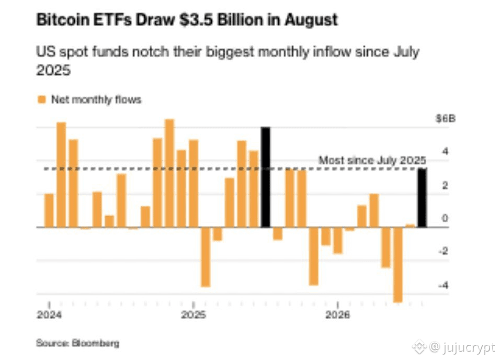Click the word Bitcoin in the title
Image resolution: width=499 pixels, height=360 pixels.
click(x=63, y=20)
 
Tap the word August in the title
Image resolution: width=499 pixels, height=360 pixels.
click(x=311, y=20)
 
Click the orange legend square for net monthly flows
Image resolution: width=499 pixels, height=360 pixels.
click(x=42, y=99)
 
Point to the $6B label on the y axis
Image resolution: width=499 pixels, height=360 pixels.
click(x=446, y=119)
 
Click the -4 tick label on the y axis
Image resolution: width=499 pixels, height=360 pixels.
click(x=444, y=285)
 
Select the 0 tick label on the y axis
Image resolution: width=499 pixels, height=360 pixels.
click(x=445, y=218)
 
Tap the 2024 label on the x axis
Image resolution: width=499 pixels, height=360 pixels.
click(x=49, y=315)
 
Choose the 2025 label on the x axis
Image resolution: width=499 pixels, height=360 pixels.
click(x=194, y=315)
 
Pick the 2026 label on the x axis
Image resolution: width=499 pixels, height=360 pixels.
click(x=338, y=315)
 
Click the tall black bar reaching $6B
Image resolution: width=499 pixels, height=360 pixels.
click(x=265, y=177)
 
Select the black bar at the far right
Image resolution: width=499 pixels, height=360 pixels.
click(x=422, y=198)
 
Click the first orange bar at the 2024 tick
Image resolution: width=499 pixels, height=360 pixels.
click(x=49, y=210)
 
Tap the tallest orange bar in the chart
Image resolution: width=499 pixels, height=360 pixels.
click(x=169, y=173)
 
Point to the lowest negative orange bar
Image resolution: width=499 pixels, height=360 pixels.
click(x=398, y=265)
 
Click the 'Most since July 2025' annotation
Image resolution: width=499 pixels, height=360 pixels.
click(x=372, y=160)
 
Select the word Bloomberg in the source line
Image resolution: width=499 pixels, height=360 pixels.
click(x=96, y=343)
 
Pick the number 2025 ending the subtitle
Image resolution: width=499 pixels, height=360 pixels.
click(x=53, y=70)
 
